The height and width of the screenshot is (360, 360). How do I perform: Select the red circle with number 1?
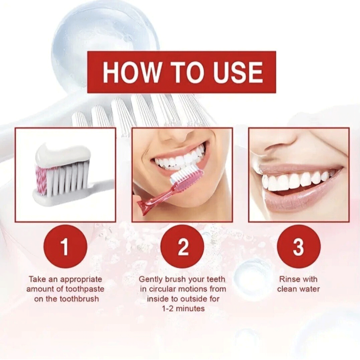pyautogui.click(x=65, y=246)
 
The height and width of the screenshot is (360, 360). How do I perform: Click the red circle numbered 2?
pyautogui.click(x=182, y=246)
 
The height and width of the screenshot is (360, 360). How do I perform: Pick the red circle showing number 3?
pyautogui.click(x=298, y=246)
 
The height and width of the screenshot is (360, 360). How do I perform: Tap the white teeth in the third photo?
pyautogui.click(x=292, y=181)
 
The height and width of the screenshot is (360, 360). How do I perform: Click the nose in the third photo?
pyautogui.click(x=277, y=144)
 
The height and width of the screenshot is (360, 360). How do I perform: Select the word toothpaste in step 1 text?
pyautogui.click(x=84, y=289)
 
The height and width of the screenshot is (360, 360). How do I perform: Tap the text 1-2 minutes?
pyautogui.click(x=184, y=309)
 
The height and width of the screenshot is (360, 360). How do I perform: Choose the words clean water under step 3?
pyautogui.click(x=298, y=289)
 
